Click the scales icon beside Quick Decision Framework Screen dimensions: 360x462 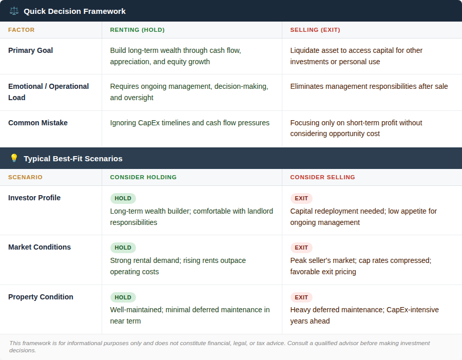14,11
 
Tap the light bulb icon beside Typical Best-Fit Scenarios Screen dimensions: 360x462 14,158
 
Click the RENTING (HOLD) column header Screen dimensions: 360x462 137,30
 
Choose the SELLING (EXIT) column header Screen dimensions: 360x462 315,30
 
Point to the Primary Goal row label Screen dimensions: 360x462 30,50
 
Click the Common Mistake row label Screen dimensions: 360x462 38,123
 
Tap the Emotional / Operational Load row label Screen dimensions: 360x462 48,92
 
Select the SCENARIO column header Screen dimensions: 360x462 25,177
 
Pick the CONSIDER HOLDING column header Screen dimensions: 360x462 143,177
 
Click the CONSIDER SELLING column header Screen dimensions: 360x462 322,177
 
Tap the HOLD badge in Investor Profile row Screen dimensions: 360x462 123,198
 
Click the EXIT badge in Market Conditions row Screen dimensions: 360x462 301,248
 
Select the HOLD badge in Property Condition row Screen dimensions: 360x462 123,297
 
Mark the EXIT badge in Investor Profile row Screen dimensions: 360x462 301,198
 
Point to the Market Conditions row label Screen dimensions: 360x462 40,247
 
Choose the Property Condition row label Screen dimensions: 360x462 41,297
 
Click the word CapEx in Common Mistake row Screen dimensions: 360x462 149,123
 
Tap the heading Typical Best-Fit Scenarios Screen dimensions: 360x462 73,158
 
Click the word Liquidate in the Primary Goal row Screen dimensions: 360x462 305,50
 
